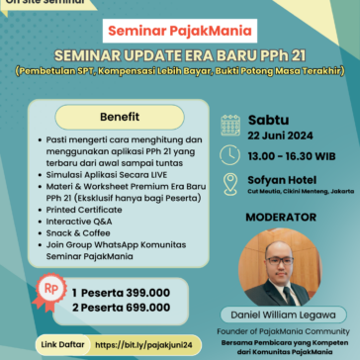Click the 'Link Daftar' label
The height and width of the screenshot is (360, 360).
[x=60, y=344]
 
